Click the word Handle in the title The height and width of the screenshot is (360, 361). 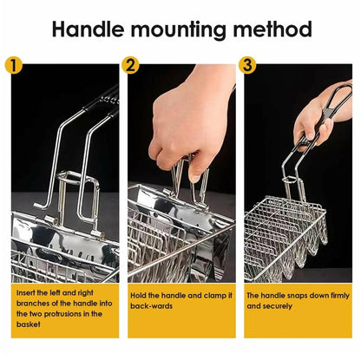pos(89,29)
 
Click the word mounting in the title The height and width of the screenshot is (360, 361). pos(179,30)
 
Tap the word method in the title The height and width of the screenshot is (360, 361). pos(272,29)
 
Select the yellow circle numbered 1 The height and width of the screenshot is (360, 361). pos(14,66)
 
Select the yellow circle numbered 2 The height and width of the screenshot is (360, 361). pos(130,66)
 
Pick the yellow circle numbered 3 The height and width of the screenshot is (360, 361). pos(247,66)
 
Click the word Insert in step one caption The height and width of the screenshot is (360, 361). pos(26,292)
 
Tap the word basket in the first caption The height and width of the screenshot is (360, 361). pos(28,324)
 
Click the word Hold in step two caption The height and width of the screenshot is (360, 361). pos(138,296)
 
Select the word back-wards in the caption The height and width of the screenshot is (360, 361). pos(151,306)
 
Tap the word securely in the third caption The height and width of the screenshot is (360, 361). pos(277,306)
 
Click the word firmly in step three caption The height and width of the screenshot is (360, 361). pos(338,296)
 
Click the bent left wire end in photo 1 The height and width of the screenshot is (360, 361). pos(41,206)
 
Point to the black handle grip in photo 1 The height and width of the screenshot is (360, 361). pos(105,101)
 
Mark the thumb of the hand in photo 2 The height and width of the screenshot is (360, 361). pos(197,171)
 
